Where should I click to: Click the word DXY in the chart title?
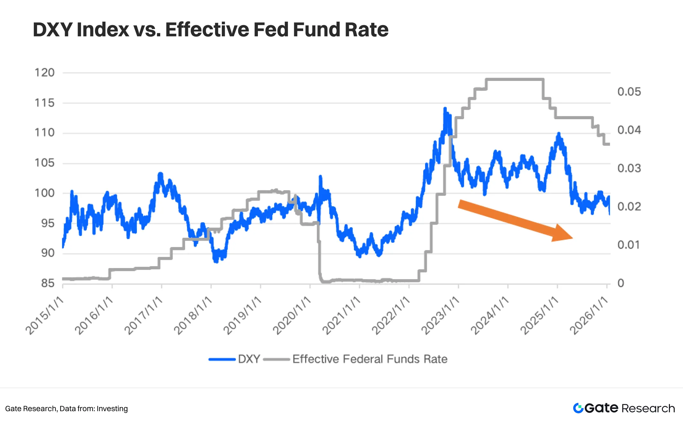point(53,30)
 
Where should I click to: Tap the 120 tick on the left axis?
point(45,73)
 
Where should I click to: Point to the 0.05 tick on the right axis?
point(629,92)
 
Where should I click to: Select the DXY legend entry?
point(235,359)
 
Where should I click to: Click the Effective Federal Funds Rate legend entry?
point(356,359)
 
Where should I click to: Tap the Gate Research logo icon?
point(578,408)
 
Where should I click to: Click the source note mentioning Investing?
point(66,409)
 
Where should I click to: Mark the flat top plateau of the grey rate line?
point(514,79)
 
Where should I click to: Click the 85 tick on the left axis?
point(48,283)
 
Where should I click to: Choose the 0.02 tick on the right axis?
point(629,207)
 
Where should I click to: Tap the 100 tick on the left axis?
point(45,193)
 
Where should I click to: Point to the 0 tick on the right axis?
point(620,283)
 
